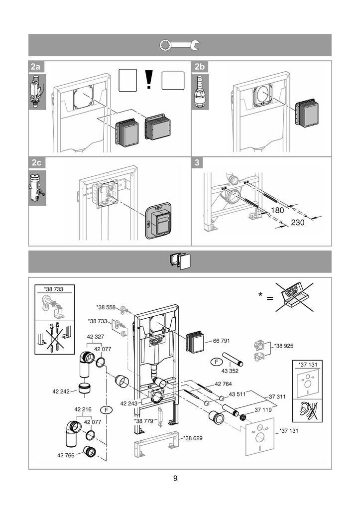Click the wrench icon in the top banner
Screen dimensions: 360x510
point(180,45)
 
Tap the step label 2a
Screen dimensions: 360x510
point(35,67)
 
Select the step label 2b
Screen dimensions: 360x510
point(199,67)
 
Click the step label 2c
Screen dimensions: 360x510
point(36,163)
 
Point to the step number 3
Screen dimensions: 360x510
point(197,163)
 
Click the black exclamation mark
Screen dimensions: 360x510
point(149,80)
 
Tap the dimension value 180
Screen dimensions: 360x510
point(277,211)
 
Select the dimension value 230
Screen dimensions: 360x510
point(298,223)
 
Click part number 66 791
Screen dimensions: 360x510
point(221,341)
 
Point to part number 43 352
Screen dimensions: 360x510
point(230,371)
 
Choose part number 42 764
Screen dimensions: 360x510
point(223,384)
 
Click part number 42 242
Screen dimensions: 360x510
point(61,391)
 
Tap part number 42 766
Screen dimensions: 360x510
point(66,455)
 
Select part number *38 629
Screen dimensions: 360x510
point(193,438)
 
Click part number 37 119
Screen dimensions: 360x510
point(263,410)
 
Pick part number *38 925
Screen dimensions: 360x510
point(284,346)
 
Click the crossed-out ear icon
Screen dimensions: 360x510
point(307,410)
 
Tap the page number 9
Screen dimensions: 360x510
point(175,478)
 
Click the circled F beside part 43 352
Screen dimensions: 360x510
point(216,362)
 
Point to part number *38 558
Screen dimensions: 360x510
point(106,307)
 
